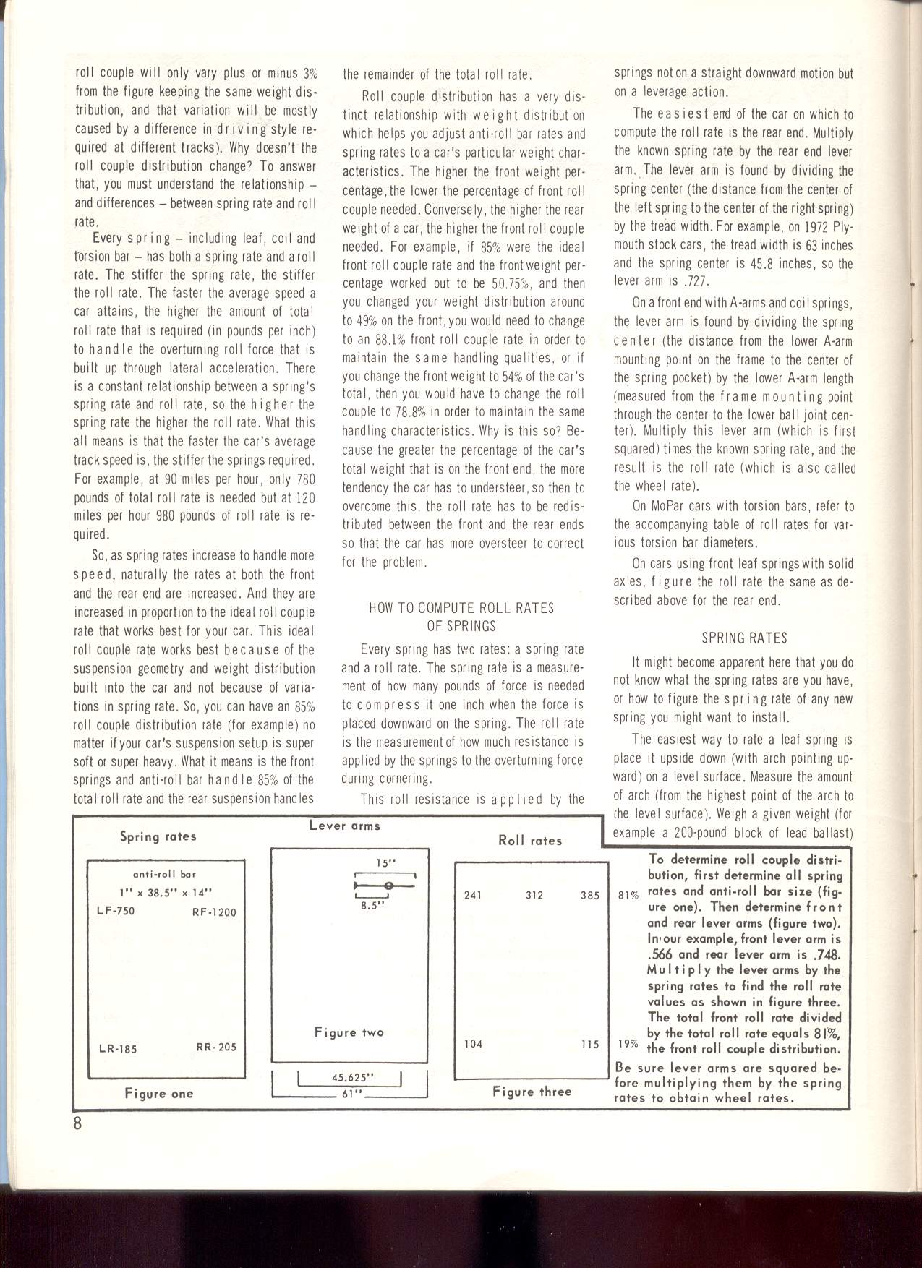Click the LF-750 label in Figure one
pyautogui.click(x=116, y=911)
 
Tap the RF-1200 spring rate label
pyautogui.click(x=214, y=912)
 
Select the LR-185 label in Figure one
pyautogui.click(x=118, y=1049)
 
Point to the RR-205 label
pyautogui.click(x=215, y=1047)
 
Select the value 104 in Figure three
pyautogui.click(x=473, y=1044)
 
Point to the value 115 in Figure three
pyautogui.click(x=590, y=1044)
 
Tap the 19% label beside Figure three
pyautogui.click(x=628, y=1044)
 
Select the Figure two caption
pyautogui.click(x=349, y=1032)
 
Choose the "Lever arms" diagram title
pyautogui.click(x=344, y=826)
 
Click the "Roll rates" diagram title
pyautogui.click(x=530, y=841)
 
